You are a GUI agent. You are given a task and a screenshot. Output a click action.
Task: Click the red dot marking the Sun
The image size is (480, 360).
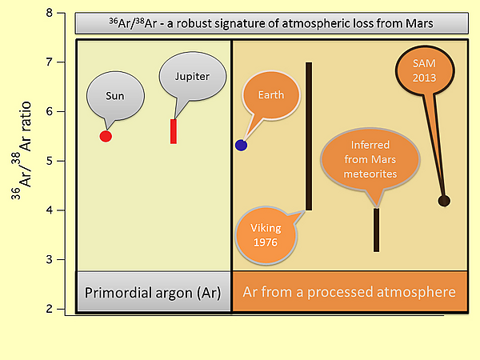[x=106, y=136]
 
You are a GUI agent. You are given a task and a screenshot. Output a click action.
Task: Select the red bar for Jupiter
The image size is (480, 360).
[x=174, y=131]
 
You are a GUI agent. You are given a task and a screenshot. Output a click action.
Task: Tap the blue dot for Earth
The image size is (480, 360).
[x=241, y=145]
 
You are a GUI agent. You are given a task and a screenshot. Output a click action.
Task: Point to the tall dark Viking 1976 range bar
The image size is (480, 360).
[x=309, y=136]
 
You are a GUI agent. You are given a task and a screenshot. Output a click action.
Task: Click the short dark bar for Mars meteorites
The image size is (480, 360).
[x=376, y=230]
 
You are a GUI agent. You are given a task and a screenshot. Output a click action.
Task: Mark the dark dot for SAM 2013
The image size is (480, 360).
[x=444, y=200]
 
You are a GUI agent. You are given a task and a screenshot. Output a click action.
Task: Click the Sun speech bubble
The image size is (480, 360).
[x=115, y=95]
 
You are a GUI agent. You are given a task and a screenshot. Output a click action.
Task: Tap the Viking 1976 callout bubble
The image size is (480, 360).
[x=265, y=234]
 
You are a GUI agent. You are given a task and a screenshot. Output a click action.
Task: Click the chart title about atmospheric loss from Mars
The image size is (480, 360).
[x=271, y=23]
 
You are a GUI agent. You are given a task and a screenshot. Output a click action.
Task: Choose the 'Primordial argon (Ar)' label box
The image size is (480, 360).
[x=154, y=292]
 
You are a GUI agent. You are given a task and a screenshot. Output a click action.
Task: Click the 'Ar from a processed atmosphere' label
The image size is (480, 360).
[x=349, y=292]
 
